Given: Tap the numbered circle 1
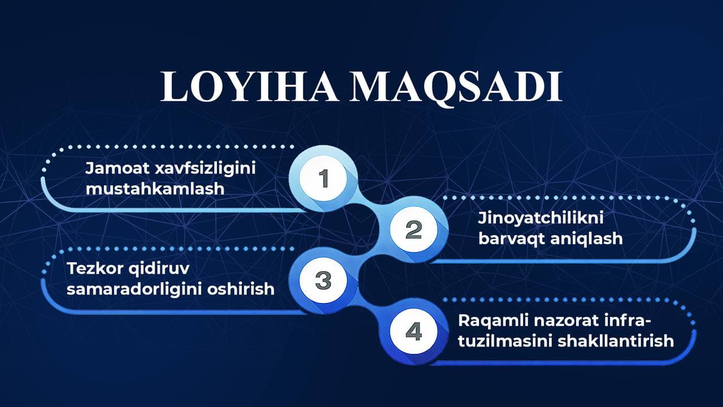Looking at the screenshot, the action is point(323,178).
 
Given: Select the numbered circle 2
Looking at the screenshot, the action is point(413,230).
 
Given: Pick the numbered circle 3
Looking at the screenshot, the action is point(323,280).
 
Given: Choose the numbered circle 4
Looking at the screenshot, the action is point(413,331).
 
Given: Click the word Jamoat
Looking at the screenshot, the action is point(117,168).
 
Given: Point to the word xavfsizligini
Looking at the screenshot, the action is point(205,169).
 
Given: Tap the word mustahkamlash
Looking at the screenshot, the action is point(155,189).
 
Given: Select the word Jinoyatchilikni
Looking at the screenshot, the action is point(541,218).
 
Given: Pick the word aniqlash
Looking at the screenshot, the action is point(586,239).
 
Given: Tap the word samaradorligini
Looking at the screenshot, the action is point(134,289).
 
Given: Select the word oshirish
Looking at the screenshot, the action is point(241,289).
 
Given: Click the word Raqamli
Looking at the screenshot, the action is point(493,321).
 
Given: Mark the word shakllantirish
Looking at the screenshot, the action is point(616,341).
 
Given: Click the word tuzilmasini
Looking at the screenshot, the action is point(506,341).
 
